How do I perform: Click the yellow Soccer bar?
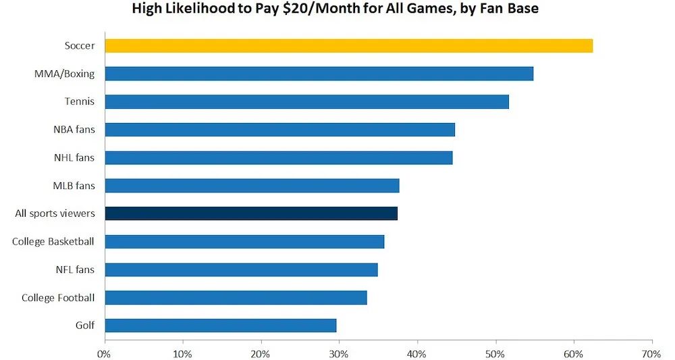pyautogui.click(x=348, y=46)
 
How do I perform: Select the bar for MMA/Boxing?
pyautogui.click(x=319, y=74)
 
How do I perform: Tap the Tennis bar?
pyautogui.click(x=306, y=102)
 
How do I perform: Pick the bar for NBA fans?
pyautogui.click(x=279, y=130)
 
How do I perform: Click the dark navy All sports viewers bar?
pyautogui.click(x=251, y=213)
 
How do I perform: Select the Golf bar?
pyautogui.click(x=220, y=326)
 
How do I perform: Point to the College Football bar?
pyautogui.click(x=236, y=298)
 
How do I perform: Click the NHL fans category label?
pyautogui.click(x=74, y=157)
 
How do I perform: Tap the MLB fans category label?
pyautogui.click(x=74, y=186)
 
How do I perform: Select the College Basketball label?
pyautogui.click(x=53, y=241)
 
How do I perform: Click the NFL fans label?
pyautogui.click(x=75, y=269)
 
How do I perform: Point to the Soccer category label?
pyautogui.click(x=80, y=46)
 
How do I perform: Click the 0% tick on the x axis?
pyautogui.click(x=105, y=353)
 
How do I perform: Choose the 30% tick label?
pyautogui.click(x=339, y=353)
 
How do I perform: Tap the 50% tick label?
pyautogui.click(x=495, y=353)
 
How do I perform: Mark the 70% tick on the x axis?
pyautogui.click(x=651, y=353)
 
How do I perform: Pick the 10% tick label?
pyautogui.click(x=182, y=353)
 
